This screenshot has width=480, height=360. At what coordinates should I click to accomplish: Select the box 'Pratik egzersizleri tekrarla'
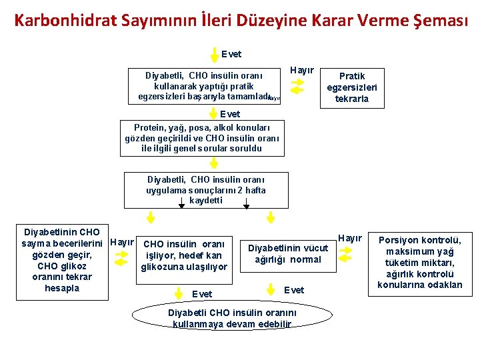click(352, 88)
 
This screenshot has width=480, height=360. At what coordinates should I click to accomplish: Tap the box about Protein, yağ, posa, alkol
click(202, 138)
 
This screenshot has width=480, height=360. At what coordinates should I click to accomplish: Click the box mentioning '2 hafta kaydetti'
click(206, 190)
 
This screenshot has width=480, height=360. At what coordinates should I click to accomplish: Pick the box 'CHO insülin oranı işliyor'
click(185, 255)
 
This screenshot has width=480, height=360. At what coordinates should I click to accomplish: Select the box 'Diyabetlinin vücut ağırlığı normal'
click(288, 253)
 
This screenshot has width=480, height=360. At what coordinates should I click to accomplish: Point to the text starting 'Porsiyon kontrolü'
click(419, 262)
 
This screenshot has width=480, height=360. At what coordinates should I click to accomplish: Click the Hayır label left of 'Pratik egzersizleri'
click(302, 70)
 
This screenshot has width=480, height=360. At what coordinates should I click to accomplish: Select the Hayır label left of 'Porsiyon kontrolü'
click(350, 238)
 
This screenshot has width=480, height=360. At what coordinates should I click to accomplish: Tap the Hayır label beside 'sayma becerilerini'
click(122, 242)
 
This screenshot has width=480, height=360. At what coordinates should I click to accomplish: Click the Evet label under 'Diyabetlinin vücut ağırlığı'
click(294, 289)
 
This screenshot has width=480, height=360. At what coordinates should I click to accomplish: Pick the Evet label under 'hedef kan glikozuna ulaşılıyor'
click(202, 294)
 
